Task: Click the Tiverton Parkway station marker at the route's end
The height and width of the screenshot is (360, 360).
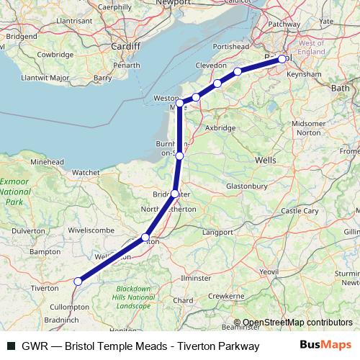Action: [x=78, y=282]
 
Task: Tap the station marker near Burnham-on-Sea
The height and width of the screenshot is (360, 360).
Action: [x=179, y=156]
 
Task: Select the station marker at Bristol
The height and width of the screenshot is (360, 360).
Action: [x=282, y=59]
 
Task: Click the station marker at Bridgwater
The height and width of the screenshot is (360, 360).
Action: [x=175, y=194]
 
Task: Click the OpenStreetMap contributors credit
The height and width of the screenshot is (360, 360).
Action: [x=294, y=323]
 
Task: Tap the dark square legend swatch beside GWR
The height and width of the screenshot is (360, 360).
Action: [x=9, y=346]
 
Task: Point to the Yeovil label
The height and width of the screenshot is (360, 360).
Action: [x=269, y=271]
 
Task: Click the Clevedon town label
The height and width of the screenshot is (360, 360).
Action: [x=211, y=65]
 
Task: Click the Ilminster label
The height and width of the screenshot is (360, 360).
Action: [x=196, y=277]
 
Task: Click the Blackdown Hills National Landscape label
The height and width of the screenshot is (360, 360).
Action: [x=135, y=297]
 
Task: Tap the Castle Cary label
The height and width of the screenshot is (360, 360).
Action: [x=300, y=211]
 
